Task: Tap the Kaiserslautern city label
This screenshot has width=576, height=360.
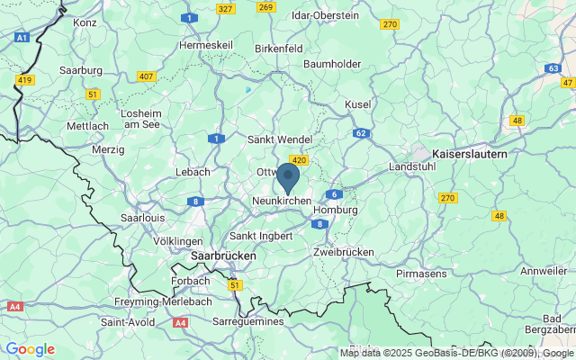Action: pos(469,154)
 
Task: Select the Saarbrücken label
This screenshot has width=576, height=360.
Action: pos(224,256)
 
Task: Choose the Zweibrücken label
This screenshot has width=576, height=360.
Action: pos(344,253)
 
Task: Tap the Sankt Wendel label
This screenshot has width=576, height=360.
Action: pos(280,139)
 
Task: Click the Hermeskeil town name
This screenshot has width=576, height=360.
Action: pos(206,44)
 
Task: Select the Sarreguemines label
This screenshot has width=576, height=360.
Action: pos(248,320)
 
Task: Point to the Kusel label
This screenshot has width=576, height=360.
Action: pos(357,104)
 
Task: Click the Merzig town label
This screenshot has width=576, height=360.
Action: pos(108,149)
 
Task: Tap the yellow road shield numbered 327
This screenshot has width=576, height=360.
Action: pos(225,8)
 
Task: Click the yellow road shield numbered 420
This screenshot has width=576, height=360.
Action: pos(301,160)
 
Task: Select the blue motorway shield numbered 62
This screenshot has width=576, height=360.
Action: pos(361,133)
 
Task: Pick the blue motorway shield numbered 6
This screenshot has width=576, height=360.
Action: pos(334,194)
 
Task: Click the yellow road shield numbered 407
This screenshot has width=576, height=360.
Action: pos(145,76)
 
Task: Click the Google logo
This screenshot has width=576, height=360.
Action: pos(30,349)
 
